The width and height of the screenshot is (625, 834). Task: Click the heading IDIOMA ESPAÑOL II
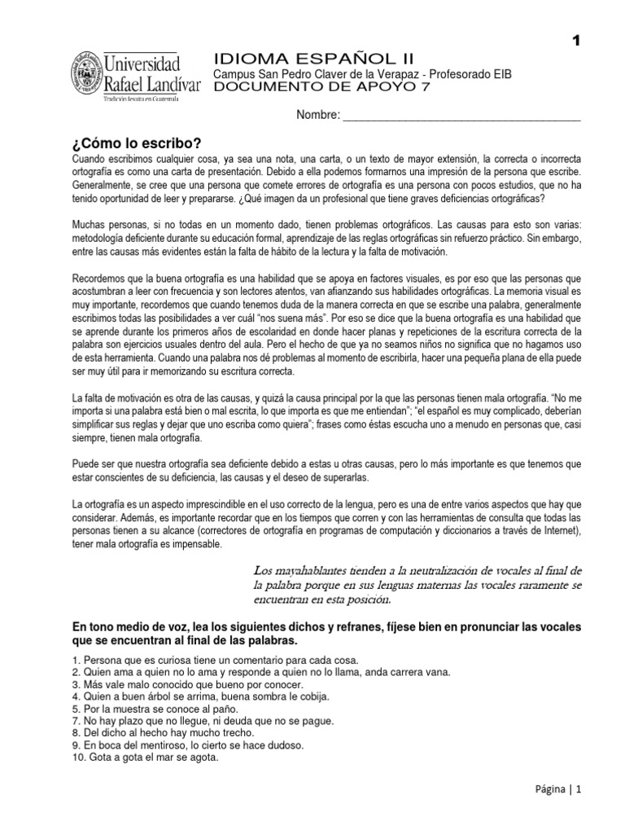(313, 58)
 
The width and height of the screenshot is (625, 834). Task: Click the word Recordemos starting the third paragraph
(101, 277)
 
